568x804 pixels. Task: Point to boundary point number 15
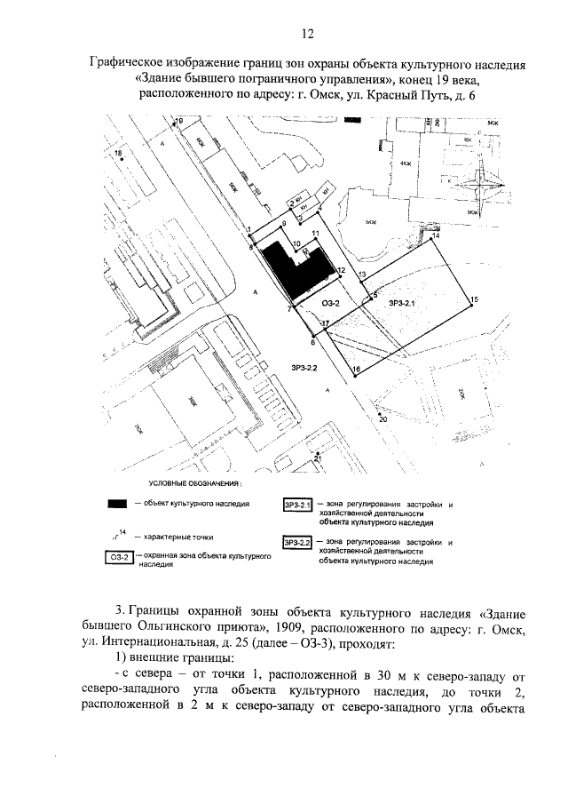[x=471, y=302]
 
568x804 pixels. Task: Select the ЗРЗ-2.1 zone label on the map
[x=402, y=303]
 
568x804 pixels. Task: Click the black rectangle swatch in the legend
[x=116, y=504]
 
